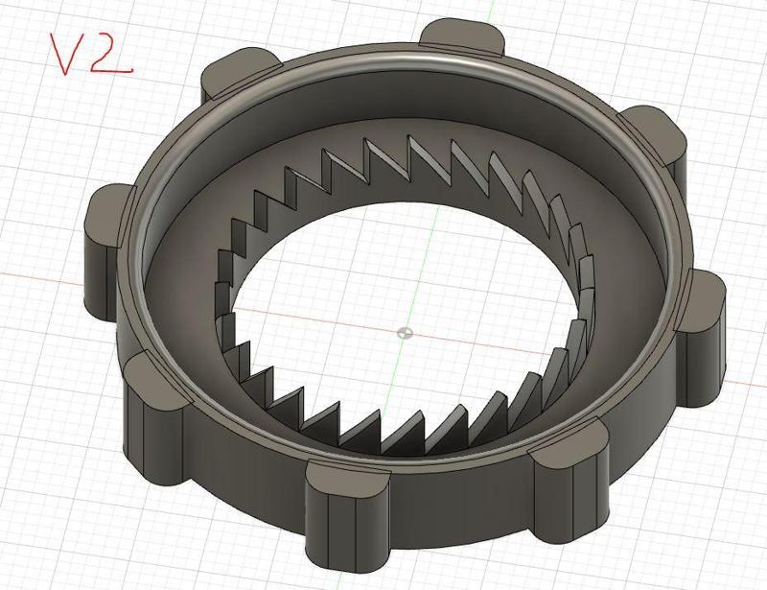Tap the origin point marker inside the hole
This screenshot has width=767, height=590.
point(405,333)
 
